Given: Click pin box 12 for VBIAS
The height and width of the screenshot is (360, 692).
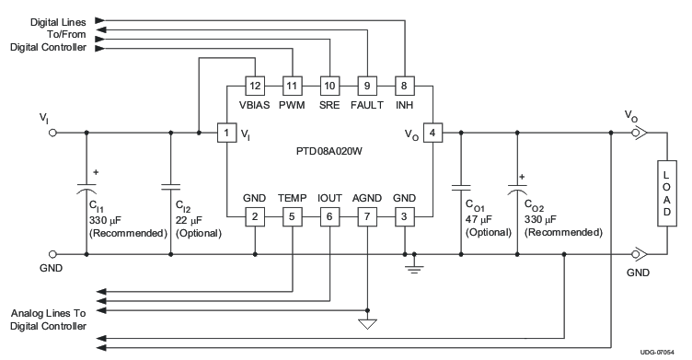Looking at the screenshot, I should point(255,86).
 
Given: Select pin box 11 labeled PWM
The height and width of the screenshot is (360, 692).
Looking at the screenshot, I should point(292,86).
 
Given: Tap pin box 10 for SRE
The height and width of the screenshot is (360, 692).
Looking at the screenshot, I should point(329,86).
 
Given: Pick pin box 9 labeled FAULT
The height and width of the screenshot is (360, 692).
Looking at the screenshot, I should point(366,86).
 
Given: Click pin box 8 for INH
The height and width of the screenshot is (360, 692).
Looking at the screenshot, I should point(403,86).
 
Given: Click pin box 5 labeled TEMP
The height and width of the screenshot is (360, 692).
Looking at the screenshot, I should point(292,216).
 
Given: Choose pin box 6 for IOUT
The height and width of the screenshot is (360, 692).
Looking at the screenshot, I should point(329,216).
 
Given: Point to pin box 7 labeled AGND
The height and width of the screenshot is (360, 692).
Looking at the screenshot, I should point(366,216).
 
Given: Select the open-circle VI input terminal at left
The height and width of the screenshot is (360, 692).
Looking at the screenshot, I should point(52,134).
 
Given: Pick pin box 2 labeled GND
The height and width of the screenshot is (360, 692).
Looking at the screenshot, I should point(255,216).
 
